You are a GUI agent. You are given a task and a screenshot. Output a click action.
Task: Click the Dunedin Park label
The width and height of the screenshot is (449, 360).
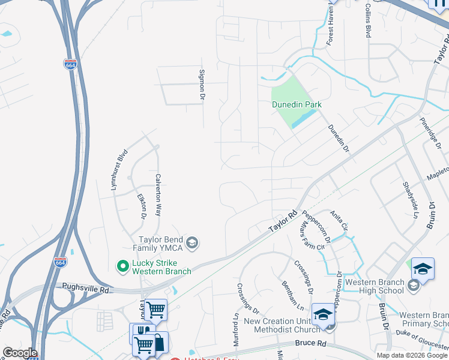pos(297,104)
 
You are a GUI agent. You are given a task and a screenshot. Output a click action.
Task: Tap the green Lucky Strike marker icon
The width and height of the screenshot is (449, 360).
pos(123,265)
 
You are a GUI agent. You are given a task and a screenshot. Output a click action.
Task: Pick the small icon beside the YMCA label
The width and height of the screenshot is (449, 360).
pos(192,243)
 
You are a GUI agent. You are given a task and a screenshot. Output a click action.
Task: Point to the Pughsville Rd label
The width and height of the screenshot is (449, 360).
pos(84,289)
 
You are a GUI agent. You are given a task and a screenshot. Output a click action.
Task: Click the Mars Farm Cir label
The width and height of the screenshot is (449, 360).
pos(312,235)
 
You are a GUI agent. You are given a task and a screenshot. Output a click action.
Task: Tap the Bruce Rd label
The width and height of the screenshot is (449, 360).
pos(310,344)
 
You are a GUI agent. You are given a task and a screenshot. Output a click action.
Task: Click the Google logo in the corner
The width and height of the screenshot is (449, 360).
pos(20,353)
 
